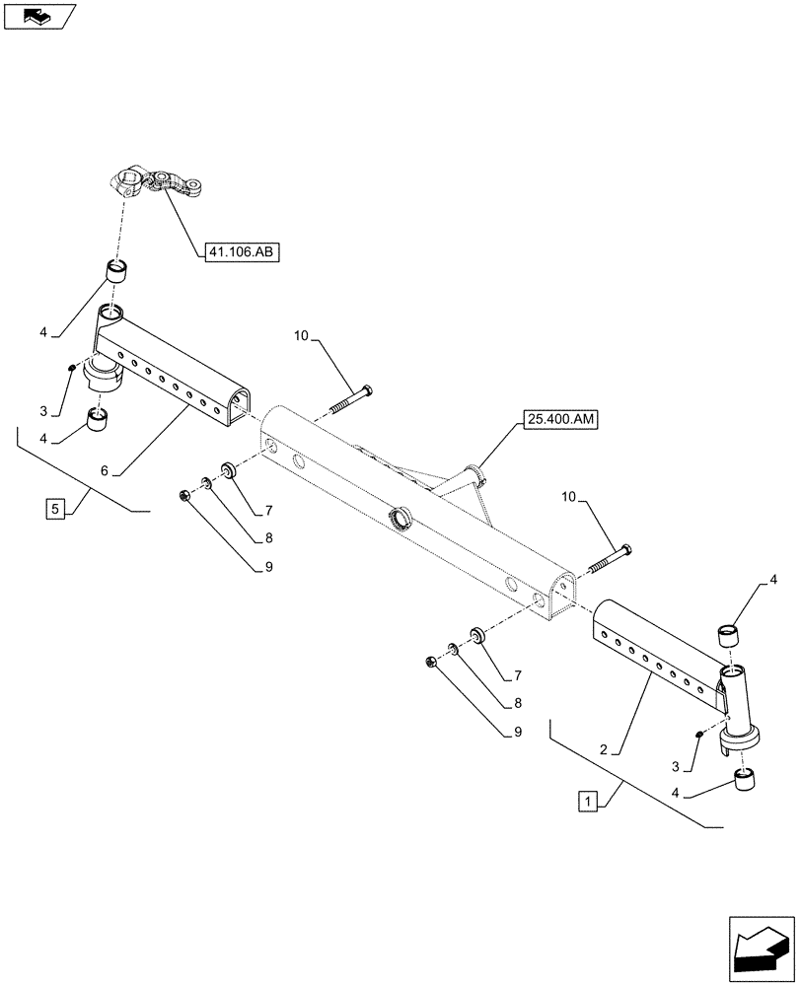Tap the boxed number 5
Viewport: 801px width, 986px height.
(x=55, y=510)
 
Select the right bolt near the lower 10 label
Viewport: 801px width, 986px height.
(x=609, y=560)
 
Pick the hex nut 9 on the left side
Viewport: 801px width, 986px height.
(x=184, y=495)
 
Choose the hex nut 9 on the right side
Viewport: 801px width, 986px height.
(x=431, y=662)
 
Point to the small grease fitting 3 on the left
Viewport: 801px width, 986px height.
(x=73, y=369)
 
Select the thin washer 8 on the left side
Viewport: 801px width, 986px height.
(x=207, y=483)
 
